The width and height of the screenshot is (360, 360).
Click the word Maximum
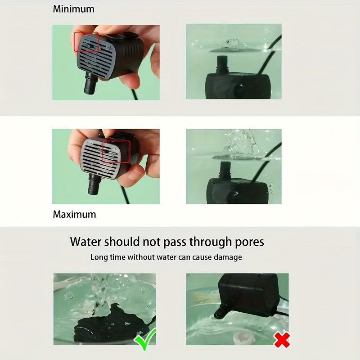pos(74,214)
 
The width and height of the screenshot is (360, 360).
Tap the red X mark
pos(282,341)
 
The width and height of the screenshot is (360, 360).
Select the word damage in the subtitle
pos(227,257)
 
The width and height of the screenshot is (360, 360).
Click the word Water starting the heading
pos(85,242)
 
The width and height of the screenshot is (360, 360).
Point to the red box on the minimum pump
pos(86,42)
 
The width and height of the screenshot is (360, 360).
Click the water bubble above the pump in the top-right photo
pos(232,42)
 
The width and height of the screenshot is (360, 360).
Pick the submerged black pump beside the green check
pos(108,321)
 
